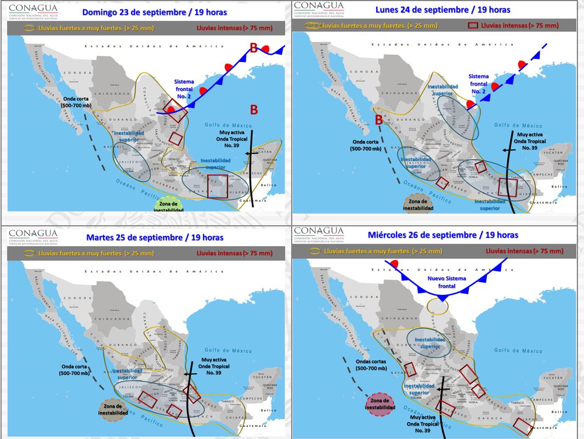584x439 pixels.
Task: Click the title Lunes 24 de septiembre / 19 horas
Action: (443, 10)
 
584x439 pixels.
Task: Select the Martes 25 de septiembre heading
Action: (155, 237)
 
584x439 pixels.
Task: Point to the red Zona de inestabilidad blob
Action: (380, 404)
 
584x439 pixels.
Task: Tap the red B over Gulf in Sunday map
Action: (254, 110)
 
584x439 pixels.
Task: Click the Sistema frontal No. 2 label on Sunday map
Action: (184, 89)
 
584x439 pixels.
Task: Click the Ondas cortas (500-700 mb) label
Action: (371, 365)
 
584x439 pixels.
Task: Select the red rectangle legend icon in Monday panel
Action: (472, 25)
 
